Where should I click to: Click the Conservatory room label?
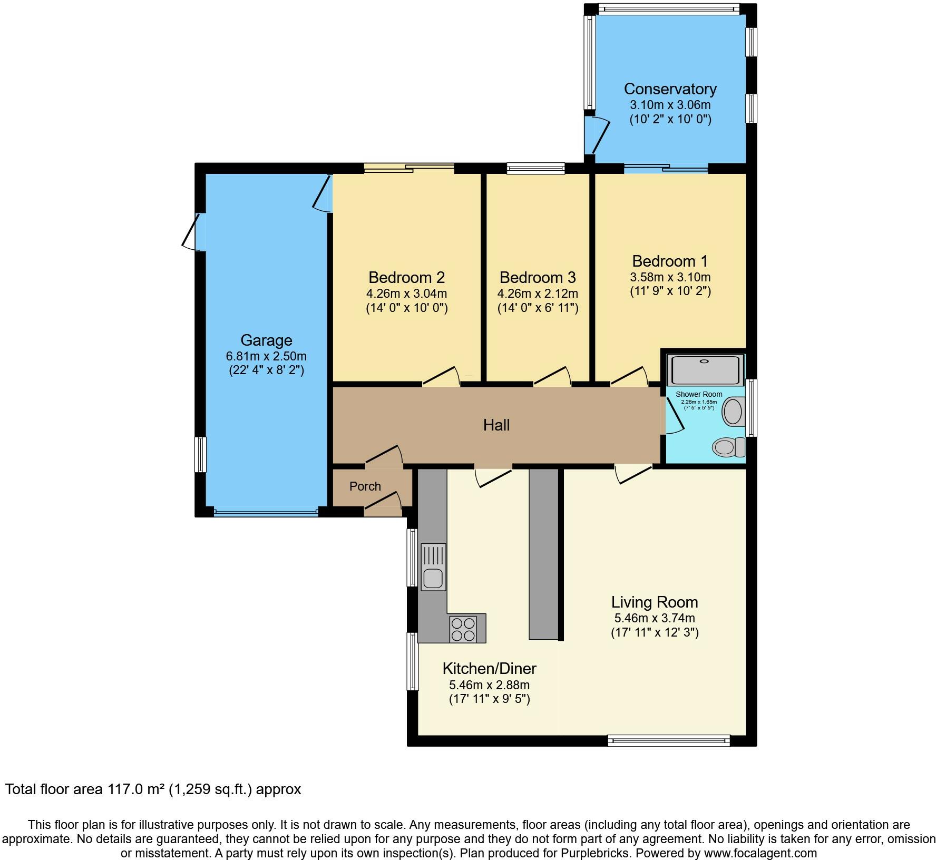point(670,89)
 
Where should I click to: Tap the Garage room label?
point(266,340)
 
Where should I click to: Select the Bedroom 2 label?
point(406,277)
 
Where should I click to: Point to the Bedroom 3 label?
point(538,277)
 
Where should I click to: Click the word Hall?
point(496,425)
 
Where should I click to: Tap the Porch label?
point(365,486)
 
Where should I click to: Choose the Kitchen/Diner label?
point(489,669)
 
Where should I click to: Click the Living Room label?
point(655,602)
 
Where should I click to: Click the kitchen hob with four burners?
point(463,629)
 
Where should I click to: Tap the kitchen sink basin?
point(433,578)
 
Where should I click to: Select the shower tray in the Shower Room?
point(706,369)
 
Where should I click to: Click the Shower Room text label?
point(699,394)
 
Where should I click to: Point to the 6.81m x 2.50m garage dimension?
point(266,356)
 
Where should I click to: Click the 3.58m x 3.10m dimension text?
point(670,277)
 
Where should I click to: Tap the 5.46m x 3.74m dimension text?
point(655,618)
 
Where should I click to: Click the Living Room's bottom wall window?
point(669,741)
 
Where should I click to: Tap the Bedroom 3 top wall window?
point(536,168)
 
